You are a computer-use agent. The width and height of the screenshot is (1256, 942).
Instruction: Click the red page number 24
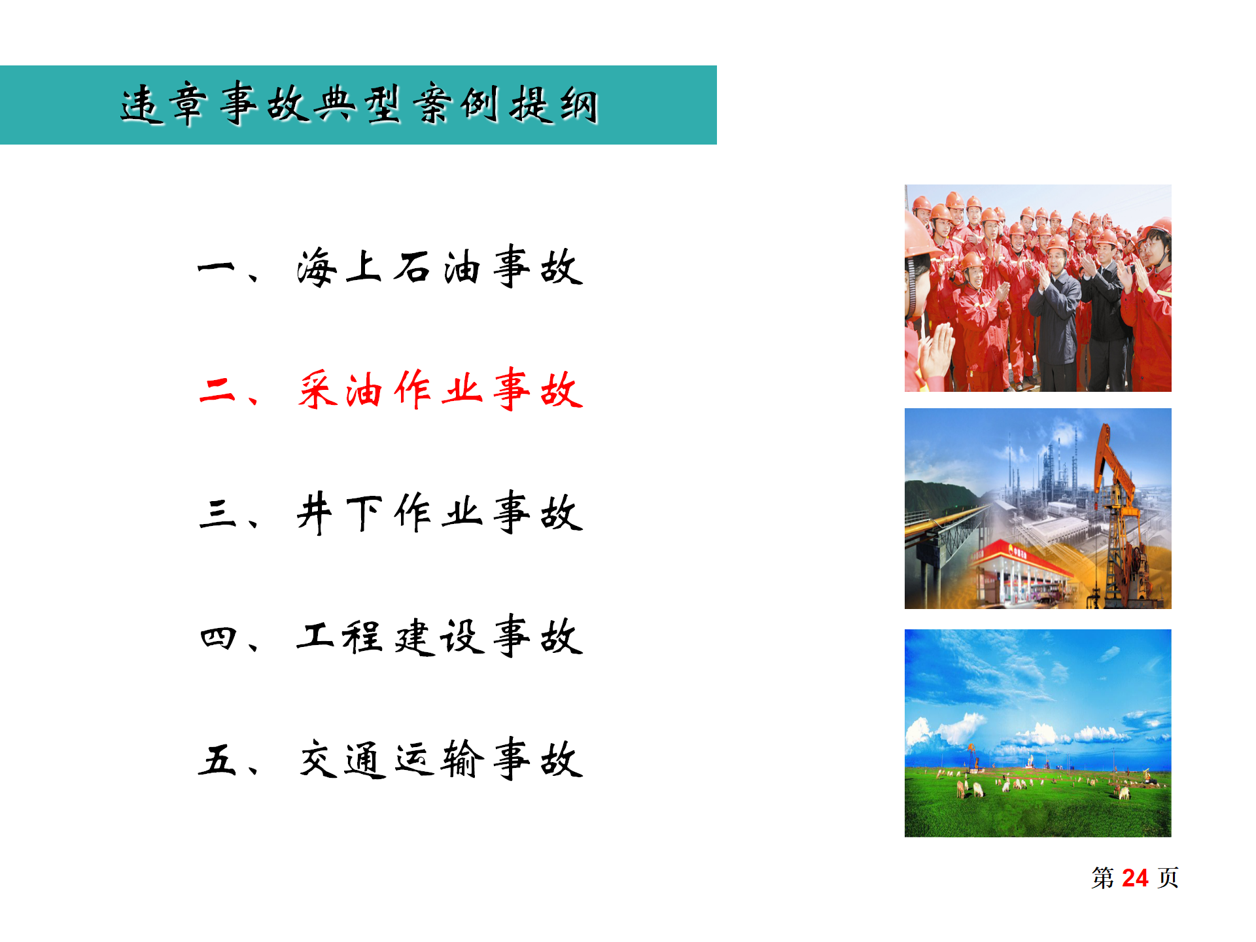1135,878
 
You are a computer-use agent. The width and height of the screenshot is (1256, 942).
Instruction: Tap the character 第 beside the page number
1102,878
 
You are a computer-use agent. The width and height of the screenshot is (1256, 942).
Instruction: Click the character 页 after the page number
1168,878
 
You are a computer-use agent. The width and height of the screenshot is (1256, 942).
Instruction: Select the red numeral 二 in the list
217,391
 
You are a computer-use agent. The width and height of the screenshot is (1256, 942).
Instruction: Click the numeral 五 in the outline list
217,760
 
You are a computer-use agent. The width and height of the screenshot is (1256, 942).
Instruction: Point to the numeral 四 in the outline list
217,637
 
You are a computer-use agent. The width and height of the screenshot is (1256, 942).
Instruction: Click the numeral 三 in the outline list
217,514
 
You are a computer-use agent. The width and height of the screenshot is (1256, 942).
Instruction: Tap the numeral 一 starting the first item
216,268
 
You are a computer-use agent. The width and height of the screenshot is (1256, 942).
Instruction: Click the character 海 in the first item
317,268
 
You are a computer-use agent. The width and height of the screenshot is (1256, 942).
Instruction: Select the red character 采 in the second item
317,391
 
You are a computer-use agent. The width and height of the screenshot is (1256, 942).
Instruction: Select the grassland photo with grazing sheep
1038,733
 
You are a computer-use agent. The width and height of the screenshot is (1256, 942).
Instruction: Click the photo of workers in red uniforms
1038,288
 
